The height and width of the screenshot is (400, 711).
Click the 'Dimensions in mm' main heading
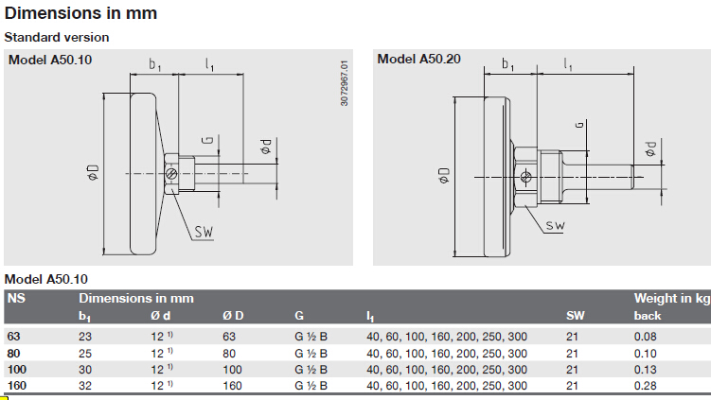click(80, 13)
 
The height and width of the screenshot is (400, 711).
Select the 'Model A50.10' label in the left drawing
click(50, 60)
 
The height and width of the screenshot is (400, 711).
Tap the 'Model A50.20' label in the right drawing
click(419, 59)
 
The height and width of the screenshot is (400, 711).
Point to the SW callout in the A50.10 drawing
click(204, 232)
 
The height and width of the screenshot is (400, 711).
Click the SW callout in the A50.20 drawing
click(555, 225)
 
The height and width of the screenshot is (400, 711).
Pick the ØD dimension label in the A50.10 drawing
click(93, 173)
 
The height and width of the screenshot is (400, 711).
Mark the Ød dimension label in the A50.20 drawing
click(650, 148)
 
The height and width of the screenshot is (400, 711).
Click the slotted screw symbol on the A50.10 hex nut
click(171, 173)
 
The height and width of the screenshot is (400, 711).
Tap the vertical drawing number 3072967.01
click(345, 83)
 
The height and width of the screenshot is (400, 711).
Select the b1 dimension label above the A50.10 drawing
click(155, 65)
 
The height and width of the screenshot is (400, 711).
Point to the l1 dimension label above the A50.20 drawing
click(568, 64)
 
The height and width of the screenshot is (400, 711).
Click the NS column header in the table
click(16, 298)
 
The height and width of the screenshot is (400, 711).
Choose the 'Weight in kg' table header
click(671, 298)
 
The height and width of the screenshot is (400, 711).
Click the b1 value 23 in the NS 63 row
click(85, 337)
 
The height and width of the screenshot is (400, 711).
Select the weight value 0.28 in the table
click(645, 386)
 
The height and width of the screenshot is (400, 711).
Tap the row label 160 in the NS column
click(17, 386)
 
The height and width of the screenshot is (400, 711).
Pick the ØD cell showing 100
click(232, 370)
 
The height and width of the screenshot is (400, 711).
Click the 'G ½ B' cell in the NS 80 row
click(311, 354)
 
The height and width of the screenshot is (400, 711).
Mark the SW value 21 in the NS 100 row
click(572, 370)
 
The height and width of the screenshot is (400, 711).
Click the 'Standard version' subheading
click(57, 37)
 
